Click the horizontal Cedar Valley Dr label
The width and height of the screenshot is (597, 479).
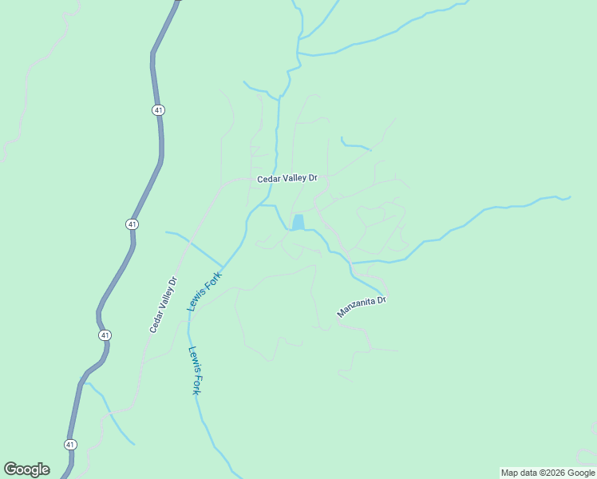(x=287, y=179)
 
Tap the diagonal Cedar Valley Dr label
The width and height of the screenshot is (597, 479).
(x=163, y=304)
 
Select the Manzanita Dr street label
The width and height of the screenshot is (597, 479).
(x=361, y=307)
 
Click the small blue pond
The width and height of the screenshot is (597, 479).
(x=298, y=222)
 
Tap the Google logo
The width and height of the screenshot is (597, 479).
(x=26, y=469)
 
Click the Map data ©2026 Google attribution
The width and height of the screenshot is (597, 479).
(x=548, y=473)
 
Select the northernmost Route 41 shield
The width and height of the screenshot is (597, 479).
(x=159, y=109)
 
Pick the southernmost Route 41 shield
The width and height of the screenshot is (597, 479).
(x=70, y=444)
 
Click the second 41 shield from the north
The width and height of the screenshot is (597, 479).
(x=132, y=224)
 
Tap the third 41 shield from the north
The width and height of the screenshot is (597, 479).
(x=105, y=335)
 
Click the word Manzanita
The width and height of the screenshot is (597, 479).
(x=355, y=310)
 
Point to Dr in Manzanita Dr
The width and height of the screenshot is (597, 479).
(x=382, y=300)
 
